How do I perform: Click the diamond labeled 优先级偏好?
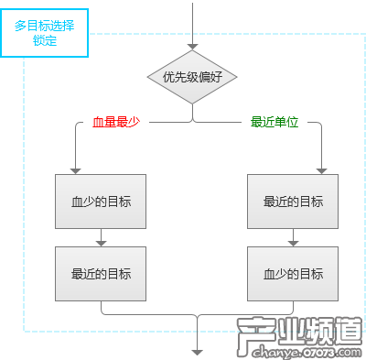point(192,77)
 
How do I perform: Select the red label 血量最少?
point(115,123)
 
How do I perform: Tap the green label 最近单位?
point(274,123)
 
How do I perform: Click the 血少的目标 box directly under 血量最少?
point(101,201)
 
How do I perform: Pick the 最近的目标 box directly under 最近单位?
point(293,201)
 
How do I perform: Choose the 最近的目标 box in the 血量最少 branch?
point(101,274)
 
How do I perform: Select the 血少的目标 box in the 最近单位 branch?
point(293,274)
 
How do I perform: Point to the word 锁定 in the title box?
point(45,41)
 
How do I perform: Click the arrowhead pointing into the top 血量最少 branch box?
point(76,169)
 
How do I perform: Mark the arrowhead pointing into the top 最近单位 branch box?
point(321,169)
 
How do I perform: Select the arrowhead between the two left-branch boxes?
point(101,242)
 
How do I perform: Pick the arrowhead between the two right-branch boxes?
point(293,242)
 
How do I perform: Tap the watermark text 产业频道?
point(295,331)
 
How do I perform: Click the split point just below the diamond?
point(192,119)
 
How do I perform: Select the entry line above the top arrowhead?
point(192,18)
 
